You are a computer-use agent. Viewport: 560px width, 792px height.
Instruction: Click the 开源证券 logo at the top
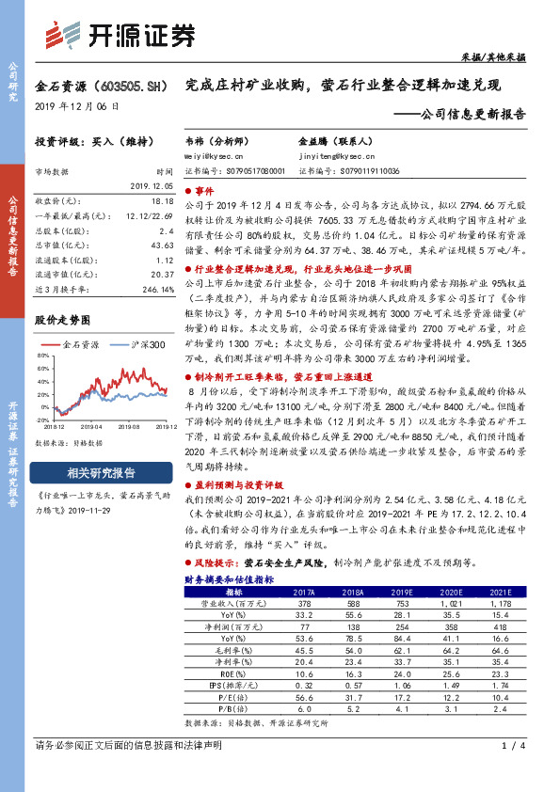122,36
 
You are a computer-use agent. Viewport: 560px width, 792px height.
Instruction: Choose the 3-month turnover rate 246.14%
156,288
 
